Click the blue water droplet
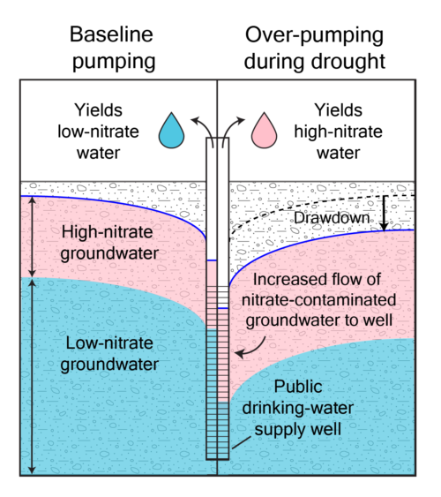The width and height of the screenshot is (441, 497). (172, 132)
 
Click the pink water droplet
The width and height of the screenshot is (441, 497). (264, 132)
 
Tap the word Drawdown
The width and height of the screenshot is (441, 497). (332, 218)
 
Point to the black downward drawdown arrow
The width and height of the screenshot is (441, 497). (384, 213)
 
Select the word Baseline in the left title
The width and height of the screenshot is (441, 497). (111, 34)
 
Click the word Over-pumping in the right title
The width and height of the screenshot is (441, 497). (314, 35)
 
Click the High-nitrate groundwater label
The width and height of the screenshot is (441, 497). (109, 243)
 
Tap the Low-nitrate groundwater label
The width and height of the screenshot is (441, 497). (109, 354)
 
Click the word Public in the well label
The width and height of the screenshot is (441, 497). (298, 387)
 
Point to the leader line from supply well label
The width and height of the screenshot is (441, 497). (242, 442)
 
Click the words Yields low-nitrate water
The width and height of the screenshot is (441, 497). (99, 132)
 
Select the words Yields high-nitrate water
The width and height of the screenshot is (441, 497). (338, 132)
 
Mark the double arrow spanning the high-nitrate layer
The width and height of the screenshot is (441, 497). (32, 237)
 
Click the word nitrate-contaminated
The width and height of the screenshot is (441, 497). (318, 300)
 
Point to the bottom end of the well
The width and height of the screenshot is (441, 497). (218, 459)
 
